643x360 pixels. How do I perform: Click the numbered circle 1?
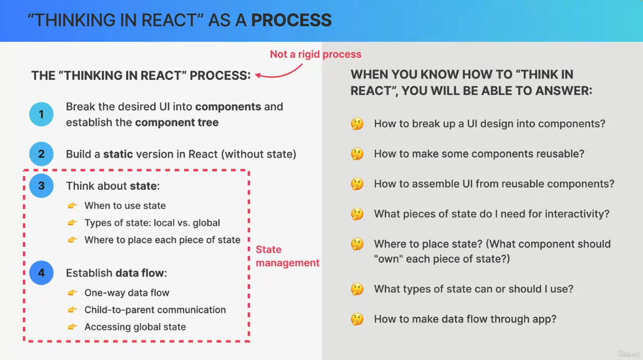[41, 115]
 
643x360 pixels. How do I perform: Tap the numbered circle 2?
[41, 154]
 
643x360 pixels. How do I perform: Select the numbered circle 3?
[41, 186]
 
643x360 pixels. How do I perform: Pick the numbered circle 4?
[41, 273]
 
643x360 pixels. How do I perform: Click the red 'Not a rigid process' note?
[315, 54]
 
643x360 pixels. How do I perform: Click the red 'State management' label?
[287, 256]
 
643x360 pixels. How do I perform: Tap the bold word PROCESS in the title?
[291, 20]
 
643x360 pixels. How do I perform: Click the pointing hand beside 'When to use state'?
[73, 206]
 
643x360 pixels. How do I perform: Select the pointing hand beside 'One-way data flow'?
[73, 293]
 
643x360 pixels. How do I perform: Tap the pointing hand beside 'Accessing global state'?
[73, 327]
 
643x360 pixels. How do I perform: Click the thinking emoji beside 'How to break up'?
[357, 124]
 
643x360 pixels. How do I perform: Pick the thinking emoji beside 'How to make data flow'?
[357, 319]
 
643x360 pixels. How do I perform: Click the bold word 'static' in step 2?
[118, 154]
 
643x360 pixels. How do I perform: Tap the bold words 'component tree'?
[177, 122]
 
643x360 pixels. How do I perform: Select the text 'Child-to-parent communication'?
[155, 310]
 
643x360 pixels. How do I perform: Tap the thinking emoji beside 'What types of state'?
[357, 289]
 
